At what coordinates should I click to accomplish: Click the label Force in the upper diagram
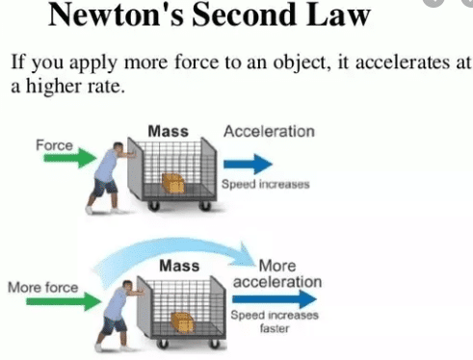pos(54,144)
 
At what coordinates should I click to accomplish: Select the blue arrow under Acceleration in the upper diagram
pos(249,160)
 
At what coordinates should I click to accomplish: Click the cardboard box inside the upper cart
pos(174,182)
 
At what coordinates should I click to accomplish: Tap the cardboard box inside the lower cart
pos(181,321)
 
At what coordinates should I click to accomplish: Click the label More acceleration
pos(276,272)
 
